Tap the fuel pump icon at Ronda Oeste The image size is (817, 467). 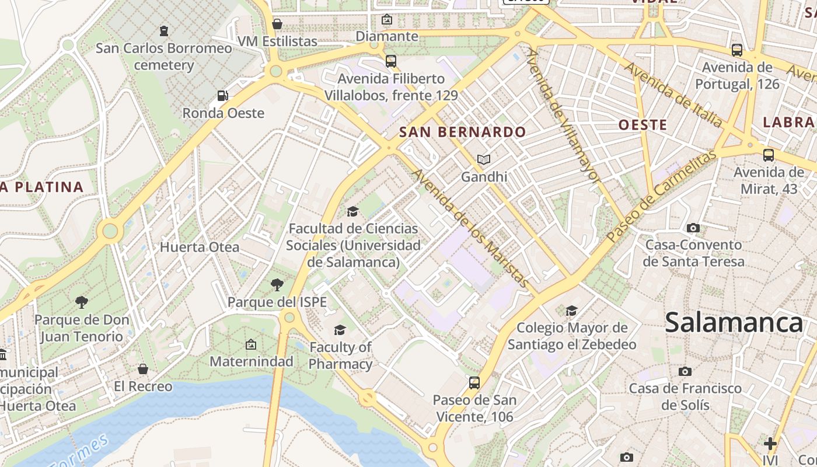222,96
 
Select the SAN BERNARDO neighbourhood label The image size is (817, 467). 462,132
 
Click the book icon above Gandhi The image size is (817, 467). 483,159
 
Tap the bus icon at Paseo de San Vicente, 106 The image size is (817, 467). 474,383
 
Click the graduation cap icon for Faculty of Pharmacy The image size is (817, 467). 340,330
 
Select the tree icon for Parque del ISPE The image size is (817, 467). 277,285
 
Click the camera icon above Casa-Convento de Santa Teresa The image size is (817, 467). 693,228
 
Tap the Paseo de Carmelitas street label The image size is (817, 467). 660,197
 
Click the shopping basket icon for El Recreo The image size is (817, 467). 143,369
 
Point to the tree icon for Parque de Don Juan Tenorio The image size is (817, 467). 82,302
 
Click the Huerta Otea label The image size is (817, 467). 200,247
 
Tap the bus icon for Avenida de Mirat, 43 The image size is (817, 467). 769,155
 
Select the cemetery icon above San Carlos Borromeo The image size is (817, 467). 164,30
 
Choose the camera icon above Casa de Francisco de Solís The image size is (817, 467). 685,371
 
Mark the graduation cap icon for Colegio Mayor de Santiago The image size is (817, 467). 571,311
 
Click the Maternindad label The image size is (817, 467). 251,361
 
